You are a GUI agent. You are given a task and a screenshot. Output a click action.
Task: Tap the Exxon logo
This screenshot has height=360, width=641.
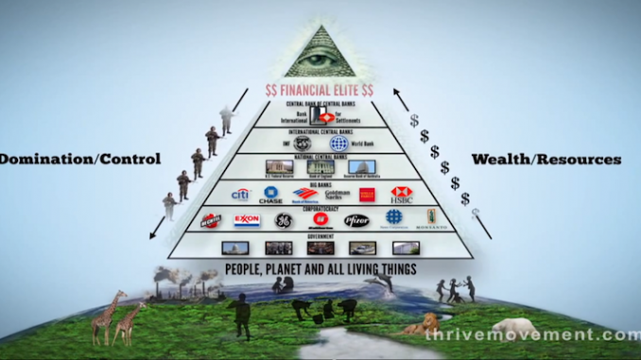tap(248, 220)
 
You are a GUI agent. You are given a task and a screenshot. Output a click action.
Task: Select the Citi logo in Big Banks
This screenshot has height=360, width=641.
tap(240, 195)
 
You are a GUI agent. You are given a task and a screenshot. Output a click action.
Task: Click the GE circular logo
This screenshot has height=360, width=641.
tap(283, 220)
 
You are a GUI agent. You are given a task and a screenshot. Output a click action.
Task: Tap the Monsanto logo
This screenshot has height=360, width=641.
tap(431, 218)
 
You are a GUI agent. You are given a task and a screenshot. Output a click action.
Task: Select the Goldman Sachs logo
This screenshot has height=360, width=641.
tap(336, 195)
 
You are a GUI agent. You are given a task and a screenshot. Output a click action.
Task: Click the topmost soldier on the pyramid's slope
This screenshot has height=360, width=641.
tap(225, 117)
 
